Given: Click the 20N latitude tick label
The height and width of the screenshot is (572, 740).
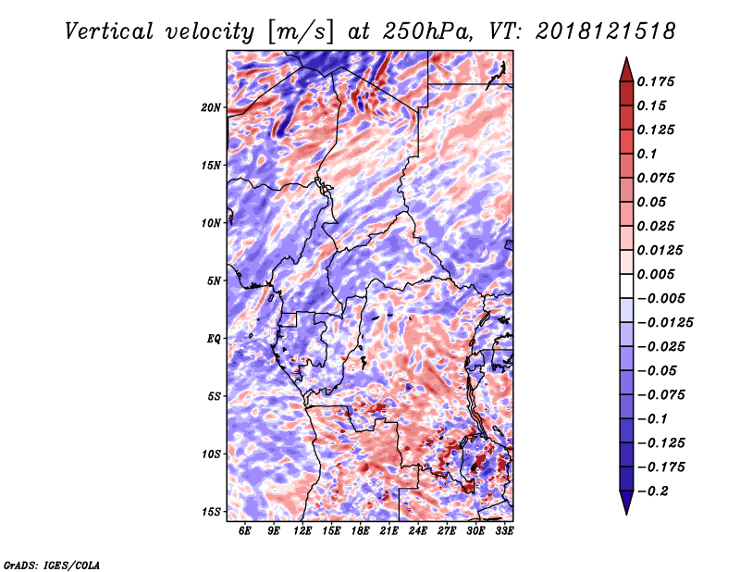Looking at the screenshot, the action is [x=211, y=107].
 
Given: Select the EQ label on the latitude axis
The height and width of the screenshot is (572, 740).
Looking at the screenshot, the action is [x=214, y=339].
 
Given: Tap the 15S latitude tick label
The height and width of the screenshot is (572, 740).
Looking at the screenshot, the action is [x=211, y=512].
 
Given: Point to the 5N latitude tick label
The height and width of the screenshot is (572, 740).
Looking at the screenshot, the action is [x=214, y=281].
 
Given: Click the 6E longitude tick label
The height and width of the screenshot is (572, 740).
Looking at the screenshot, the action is [x=244, y=530].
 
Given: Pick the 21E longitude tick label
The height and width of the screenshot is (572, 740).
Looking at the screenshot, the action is [x=388, y=530].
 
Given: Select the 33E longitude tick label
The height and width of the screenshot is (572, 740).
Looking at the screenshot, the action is [x=504, y=530].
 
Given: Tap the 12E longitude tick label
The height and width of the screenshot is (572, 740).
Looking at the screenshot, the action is [x=302, y=530].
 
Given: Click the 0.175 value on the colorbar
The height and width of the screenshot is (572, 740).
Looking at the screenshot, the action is [x=656, y=81].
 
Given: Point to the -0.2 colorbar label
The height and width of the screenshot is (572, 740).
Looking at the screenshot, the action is [x=653, y=491].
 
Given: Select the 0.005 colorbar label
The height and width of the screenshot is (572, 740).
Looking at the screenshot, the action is [x=656, y=274].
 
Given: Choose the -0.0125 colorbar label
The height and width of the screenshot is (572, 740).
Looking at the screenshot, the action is [x=665, y=323].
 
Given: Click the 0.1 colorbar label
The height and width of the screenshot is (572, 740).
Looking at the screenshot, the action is [x=647, y=154].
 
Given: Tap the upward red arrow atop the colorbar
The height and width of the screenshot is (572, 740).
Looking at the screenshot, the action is [x=626, y=69].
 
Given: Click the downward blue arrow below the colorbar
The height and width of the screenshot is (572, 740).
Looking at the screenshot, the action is [x=626, y=503].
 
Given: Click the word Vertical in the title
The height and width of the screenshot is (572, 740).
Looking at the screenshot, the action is [x=109, y=31].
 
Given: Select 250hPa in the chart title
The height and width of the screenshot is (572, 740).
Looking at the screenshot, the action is [x=427, y=31].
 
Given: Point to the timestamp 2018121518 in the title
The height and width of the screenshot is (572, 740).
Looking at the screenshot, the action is [x=606, y=31].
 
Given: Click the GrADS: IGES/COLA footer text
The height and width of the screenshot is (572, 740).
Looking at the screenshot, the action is [x=52, y=566].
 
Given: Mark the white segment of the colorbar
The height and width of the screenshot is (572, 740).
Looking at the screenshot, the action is [x=626, y=286].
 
